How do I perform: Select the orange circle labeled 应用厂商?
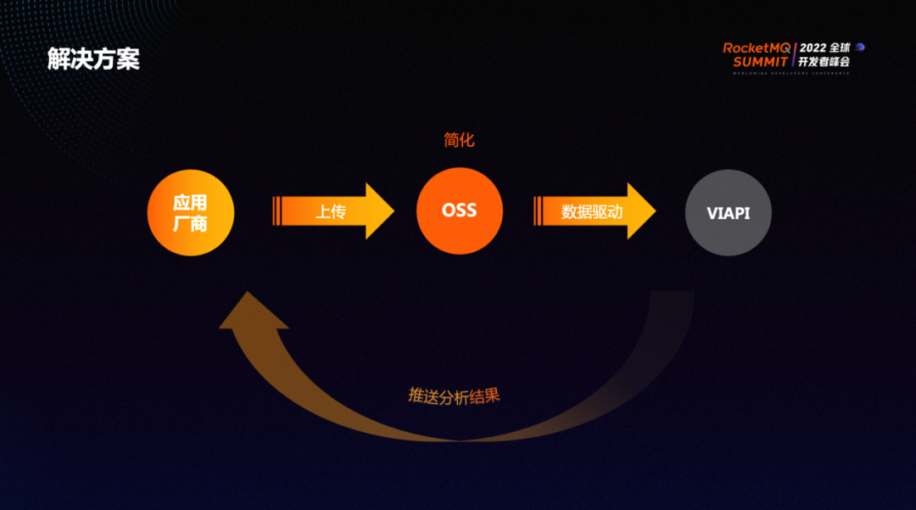click(190, 213)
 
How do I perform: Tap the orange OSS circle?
click(460, 210)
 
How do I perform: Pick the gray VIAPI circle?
click(729, 213)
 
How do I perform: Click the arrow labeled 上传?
click(331, 211)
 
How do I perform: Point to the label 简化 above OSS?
click(460, 140)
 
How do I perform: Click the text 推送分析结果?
click(454, 396)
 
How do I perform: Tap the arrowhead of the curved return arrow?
click(252, 311)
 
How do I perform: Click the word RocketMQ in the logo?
click(757, 48)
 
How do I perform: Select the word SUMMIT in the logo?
click(761, 62)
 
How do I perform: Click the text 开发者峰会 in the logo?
click(824, 62)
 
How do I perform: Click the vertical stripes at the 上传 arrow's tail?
click(276, 211)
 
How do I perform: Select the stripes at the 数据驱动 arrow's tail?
click(538, 211)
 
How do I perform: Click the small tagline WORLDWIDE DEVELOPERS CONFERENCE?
click(790, 73)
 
